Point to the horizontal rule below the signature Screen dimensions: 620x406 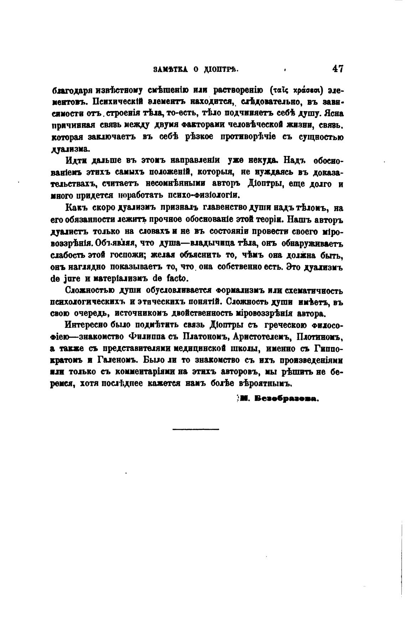coord(196,429)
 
